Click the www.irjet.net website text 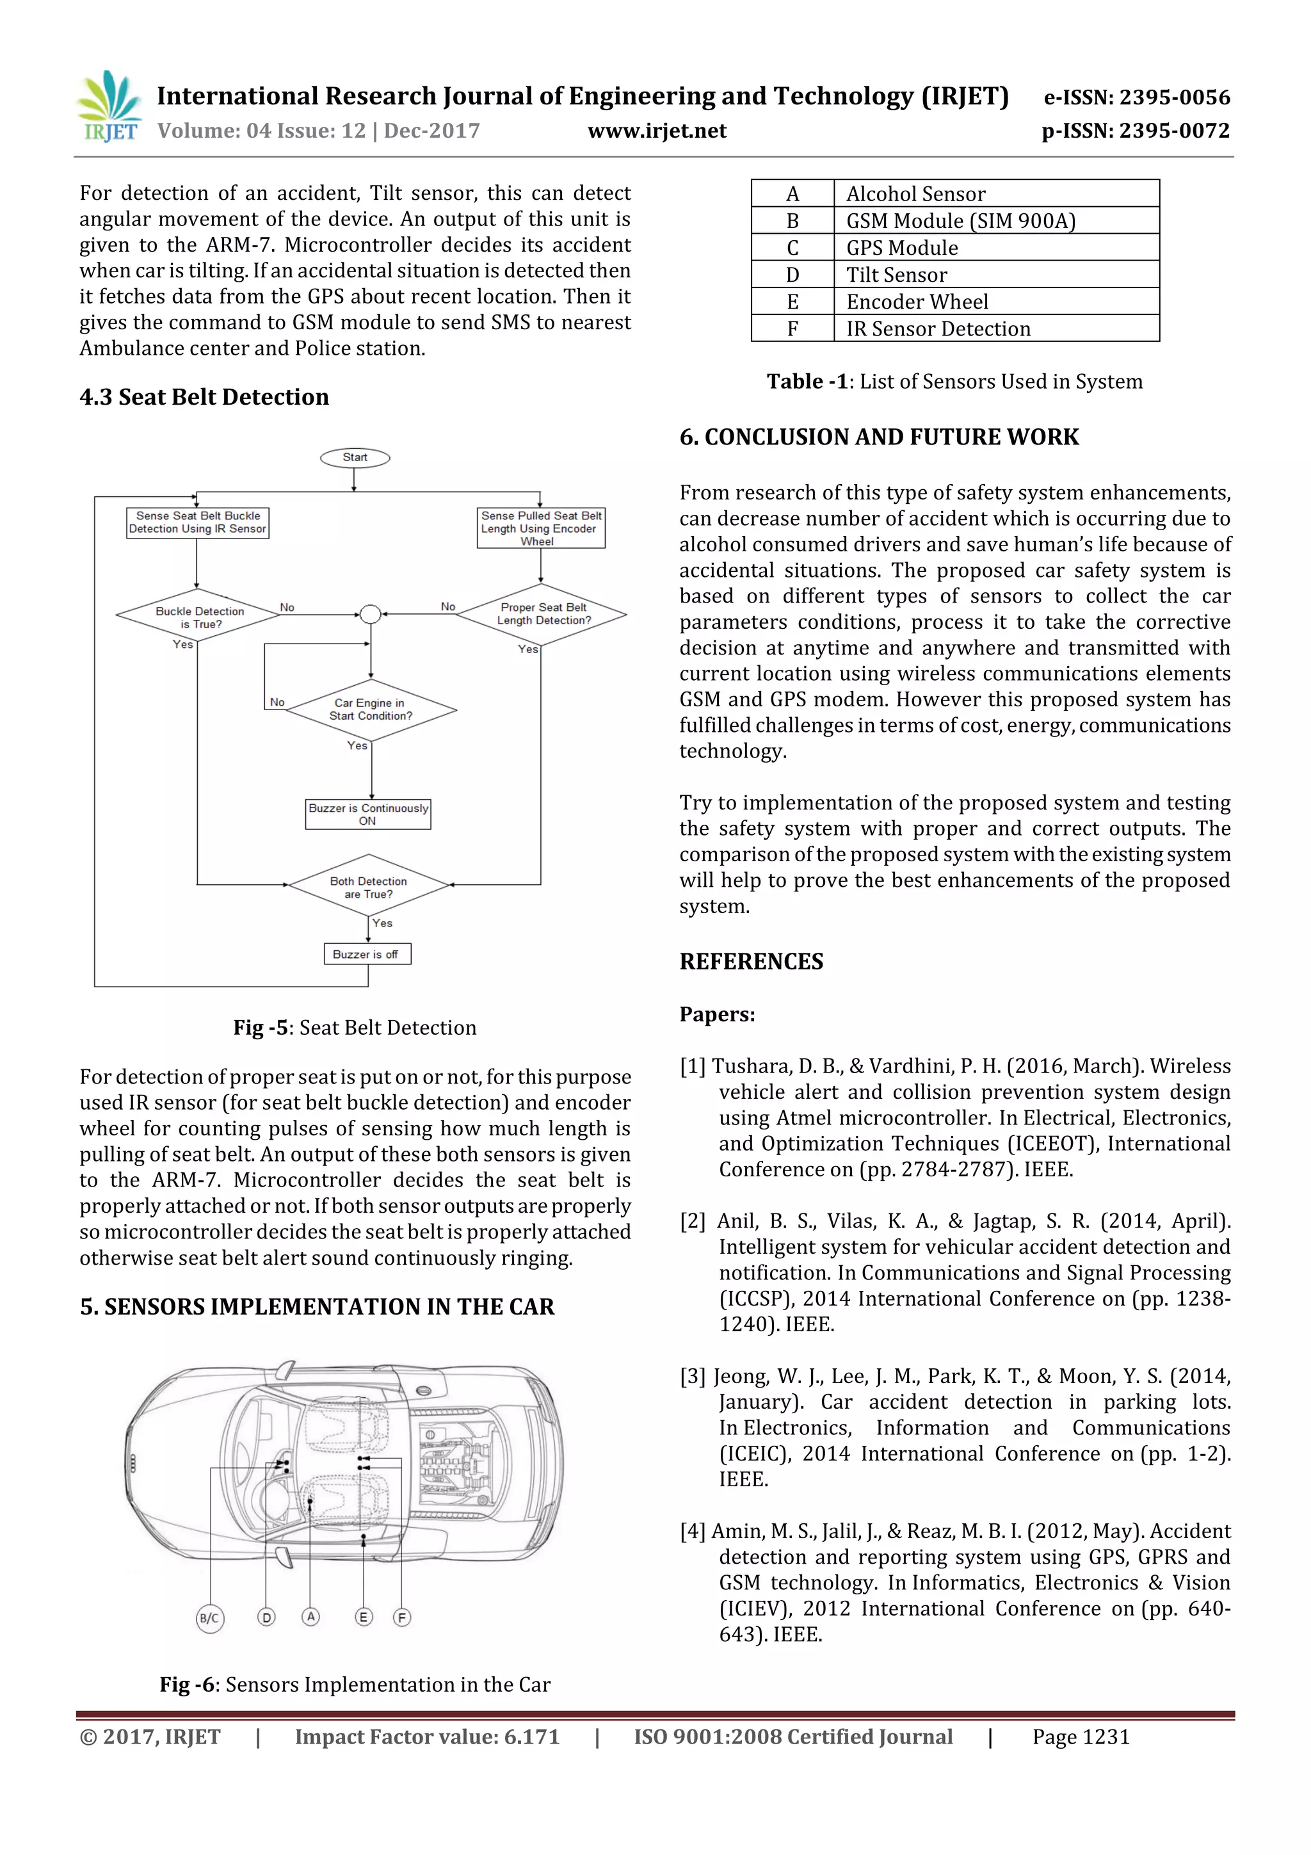point(656,131)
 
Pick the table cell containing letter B point(792,220)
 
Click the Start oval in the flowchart point(355,458)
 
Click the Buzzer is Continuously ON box point(367,814)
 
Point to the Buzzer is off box point(367,954)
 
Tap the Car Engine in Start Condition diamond point(371,709)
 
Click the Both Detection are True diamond point(368,886)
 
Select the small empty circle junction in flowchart point(370,615)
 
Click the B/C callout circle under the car point(210,1617)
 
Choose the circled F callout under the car point(401,1617)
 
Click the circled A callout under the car point(310,1616)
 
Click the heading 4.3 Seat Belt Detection point(204,397)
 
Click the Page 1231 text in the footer point(1080,1737)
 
